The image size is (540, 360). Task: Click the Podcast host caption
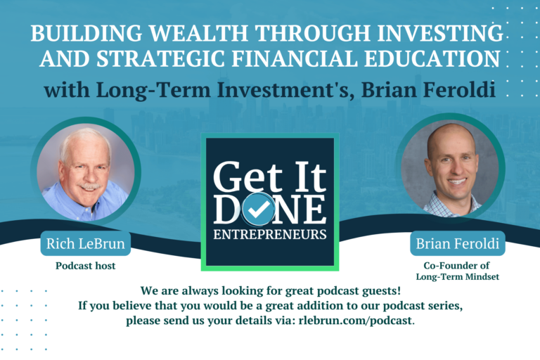coord(84,266)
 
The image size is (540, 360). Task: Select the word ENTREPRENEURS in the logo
coord(270,234)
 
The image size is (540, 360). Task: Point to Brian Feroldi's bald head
coord(447,135)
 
